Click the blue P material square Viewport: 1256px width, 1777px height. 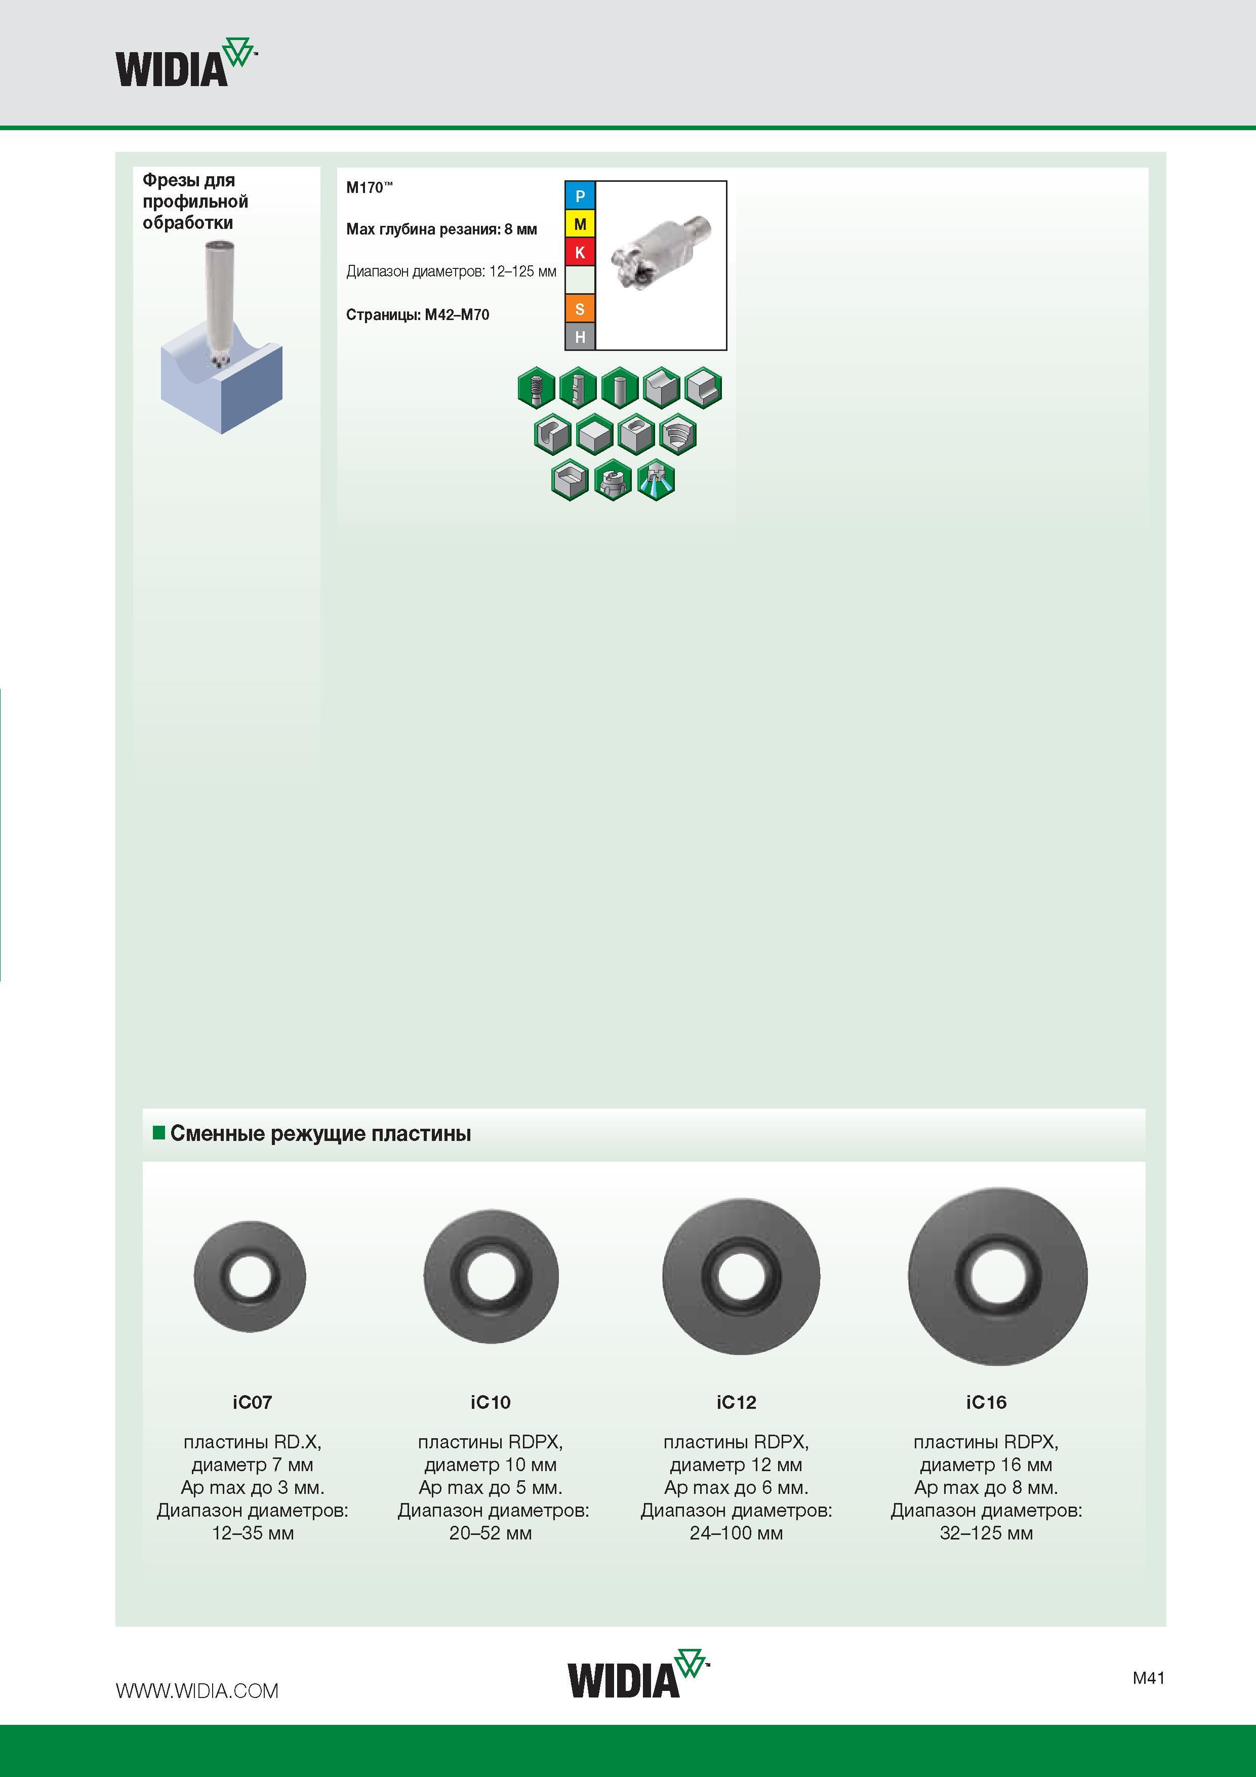580,196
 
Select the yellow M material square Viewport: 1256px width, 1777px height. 580,224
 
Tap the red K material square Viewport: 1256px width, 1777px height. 580,252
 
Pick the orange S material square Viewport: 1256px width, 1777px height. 580,309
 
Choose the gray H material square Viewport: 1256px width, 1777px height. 580,337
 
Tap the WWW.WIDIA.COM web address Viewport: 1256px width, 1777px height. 196,1691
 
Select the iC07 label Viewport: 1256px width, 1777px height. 252,1402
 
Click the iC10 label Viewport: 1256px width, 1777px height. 491,1402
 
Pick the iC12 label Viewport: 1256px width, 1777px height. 736,1402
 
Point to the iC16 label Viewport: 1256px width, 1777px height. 986,1402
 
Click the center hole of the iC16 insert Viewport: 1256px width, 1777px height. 997,1276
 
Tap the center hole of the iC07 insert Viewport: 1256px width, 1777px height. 250,1276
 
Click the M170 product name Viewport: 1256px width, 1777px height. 369,187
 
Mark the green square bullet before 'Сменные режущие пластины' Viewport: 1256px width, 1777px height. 159,1133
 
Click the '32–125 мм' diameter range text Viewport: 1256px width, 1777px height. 986,1533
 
